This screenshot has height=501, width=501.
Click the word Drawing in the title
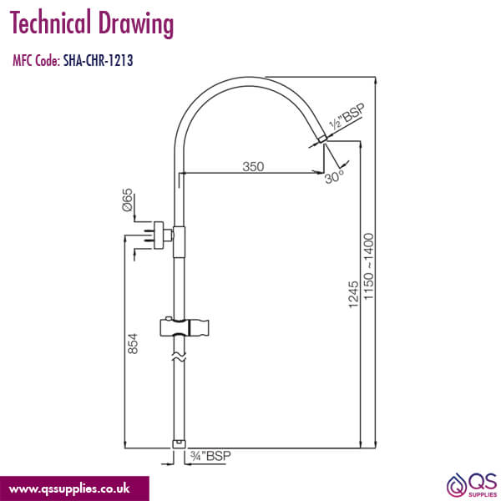[x=135, y=25]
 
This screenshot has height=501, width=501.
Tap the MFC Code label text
[x=36, y=60]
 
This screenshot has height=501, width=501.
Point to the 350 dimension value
[x=253, y=166]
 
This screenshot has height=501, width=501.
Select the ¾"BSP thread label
[x=210, y=455]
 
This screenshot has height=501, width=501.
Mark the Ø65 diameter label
[x=128, y=201]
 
